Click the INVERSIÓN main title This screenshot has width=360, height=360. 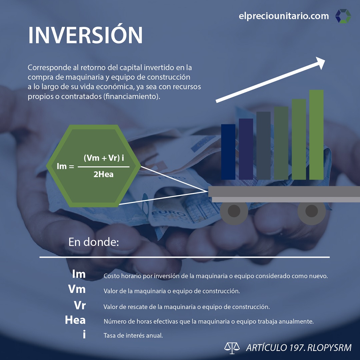click(85, 35)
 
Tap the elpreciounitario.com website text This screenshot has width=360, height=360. click(284, 16)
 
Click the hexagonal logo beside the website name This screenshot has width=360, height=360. click(343, 16)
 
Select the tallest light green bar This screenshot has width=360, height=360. click(316, 135)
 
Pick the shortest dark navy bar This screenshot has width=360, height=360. click(228, 152)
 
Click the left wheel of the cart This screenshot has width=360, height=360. click(234, 211)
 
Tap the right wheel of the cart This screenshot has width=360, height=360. click(311, 211)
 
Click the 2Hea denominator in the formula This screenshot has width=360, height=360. click(103, 174)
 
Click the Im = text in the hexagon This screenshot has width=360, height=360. click(65, 166)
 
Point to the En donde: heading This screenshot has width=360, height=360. click(94, 242)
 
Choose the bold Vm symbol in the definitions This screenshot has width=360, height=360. click(77, 289)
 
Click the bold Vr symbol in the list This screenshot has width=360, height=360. click(80, 305)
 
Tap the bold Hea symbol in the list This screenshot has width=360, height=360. click(75, 320)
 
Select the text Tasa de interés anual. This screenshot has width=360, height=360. click(133, 336)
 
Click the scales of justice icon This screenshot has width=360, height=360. click(232, 347)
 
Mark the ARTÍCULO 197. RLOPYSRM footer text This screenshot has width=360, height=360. click(299, 348)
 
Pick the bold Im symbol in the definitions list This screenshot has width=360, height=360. click(79, 274)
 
